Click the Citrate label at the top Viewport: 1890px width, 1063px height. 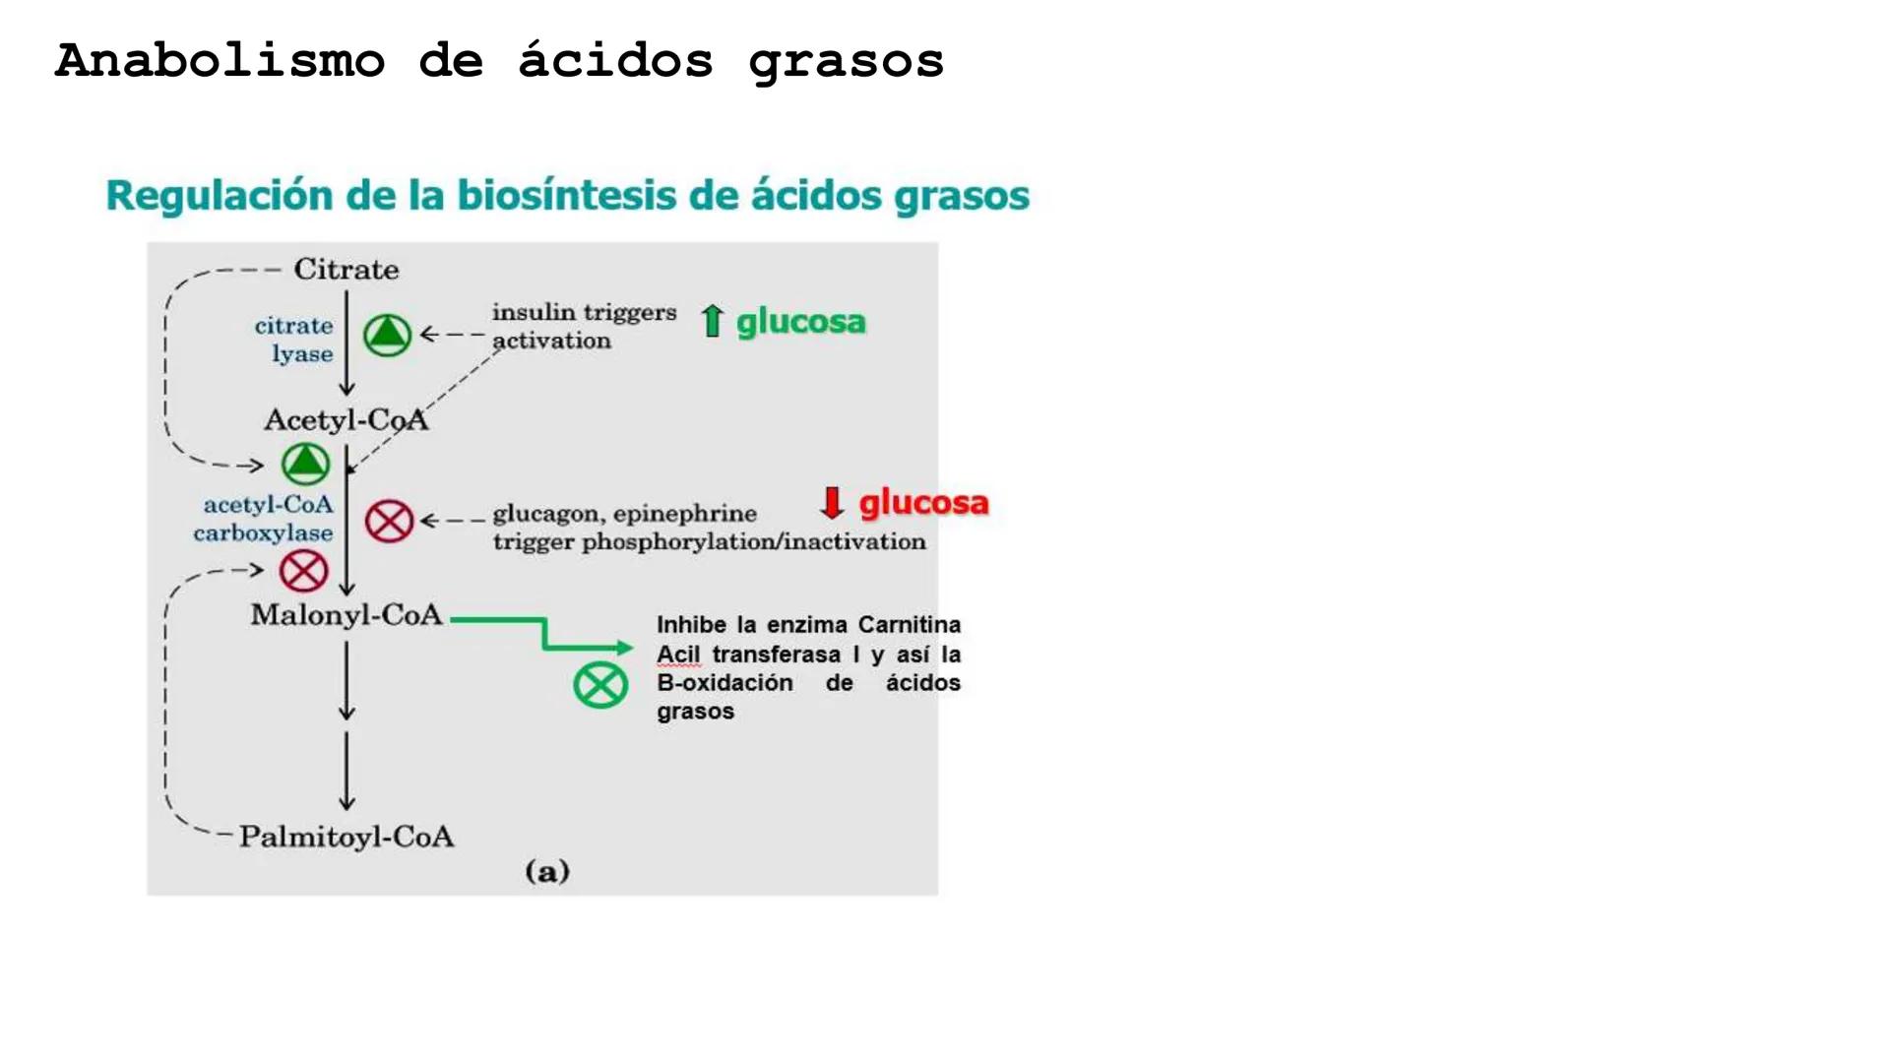pos(346,270)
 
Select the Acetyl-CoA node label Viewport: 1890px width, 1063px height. pos(346,420)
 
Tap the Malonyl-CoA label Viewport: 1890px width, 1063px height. pos(346,615)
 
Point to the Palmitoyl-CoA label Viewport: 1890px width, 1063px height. pos(346,837)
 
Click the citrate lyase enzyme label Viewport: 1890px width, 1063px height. pos(294,340)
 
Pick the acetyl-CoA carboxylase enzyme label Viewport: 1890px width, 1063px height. pos(264,519)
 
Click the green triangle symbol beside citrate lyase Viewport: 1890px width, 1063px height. pos(387,335)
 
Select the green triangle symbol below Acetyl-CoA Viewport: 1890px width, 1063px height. pos(305,463)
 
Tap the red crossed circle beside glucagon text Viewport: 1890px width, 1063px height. pos(389,521)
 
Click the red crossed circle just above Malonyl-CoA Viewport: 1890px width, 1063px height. pos(303,571)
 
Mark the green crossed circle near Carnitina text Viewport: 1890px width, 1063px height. pos(600,685)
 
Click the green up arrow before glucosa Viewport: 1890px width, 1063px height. pos(712,321)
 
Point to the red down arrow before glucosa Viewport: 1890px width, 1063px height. pos(832,502)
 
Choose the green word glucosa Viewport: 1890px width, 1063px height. pos(800,322)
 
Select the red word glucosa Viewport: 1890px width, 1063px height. pos(923,503)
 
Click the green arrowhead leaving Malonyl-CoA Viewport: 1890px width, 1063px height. pos(624,647)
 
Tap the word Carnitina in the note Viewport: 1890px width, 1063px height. pos(909,625)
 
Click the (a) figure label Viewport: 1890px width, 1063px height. pos(547,871)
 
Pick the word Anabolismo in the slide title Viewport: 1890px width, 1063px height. pos(220,61)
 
